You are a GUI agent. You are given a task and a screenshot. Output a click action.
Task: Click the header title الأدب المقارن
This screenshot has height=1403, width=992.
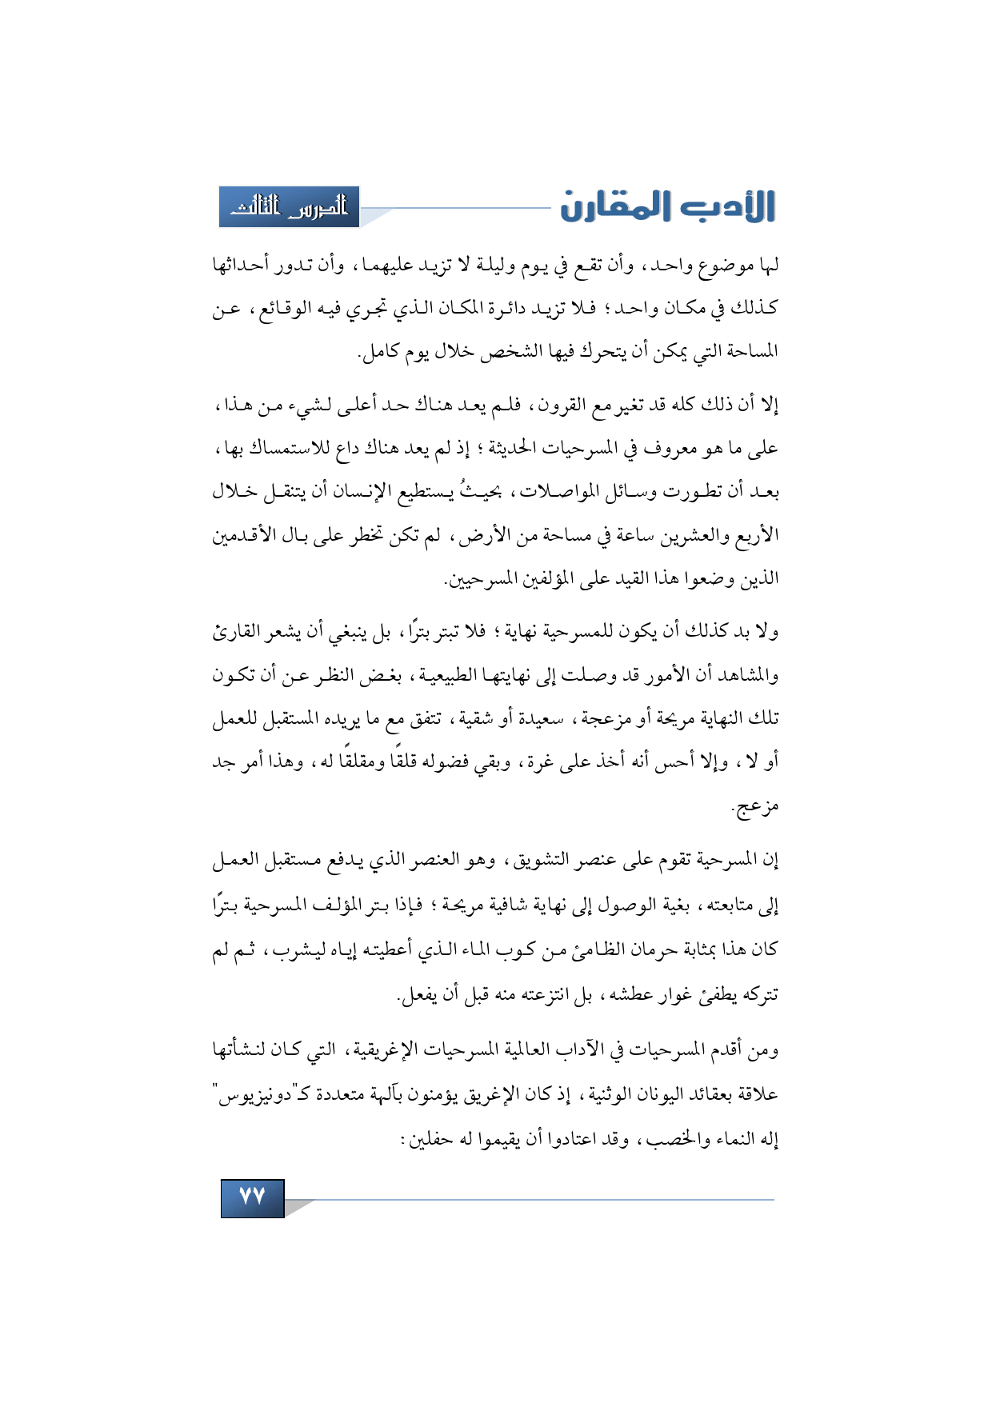click(667, 206)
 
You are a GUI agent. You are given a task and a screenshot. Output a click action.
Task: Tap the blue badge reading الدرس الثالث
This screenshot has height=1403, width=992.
click(290, 207)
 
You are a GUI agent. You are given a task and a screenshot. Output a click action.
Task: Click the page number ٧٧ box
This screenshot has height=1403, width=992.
click(252, 1197)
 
